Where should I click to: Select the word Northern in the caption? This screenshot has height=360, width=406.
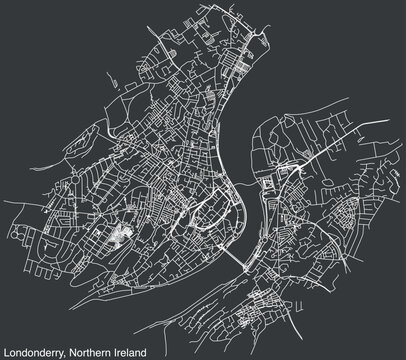tap(89, 351)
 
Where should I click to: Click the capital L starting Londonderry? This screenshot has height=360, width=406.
tap(6, 351)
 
